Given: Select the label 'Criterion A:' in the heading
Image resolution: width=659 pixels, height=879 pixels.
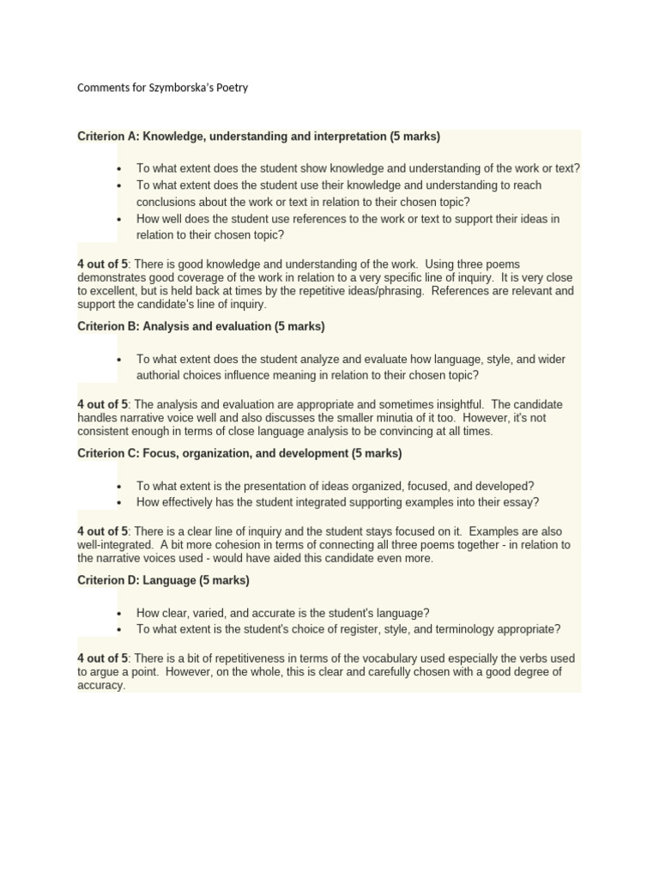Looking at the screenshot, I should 108,136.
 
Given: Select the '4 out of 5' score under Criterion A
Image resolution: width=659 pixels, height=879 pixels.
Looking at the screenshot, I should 102,264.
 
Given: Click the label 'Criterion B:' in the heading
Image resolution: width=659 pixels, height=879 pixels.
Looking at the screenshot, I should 108,326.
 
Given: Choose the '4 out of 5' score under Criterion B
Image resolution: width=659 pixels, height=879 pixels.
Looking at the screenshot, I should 102,404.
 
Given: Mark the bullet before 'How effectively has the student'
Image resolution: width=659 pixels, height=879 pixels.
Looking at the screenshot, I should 118,502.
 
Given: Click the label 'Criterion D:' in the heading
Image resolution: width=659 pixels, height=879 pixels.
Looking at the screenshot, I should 108,580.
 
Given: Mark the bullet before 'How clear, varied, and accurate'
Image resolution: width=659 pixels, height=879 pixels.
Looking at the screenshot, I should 118,613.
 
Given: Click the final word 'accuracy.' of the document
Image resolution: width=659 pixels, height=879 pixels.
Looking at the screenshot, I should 101,686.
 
